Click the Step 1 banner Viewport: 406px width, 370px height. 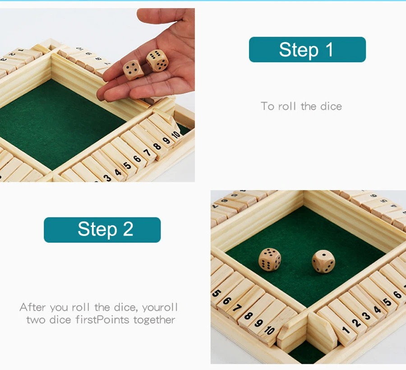coord(307,50)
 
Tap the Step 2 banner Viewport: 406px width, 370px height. coord(102,230)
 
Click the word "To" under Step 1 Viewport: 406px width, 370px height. coord(267,106)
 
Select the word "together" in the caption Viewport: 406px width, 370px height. coord(154,320)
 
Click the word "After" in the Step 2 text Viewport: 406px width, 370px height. coord(33,307)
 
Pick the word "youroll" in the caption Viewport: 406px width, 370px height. coord(160,308)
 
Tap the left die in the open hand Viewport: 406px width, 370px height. coord(133,70)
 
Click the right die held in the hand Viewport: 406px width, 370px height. coord(157,60)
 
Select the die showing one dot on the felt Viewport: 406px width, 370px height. coord(323,262)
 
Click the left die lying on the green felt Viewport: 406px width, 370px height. coord(270,260)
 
